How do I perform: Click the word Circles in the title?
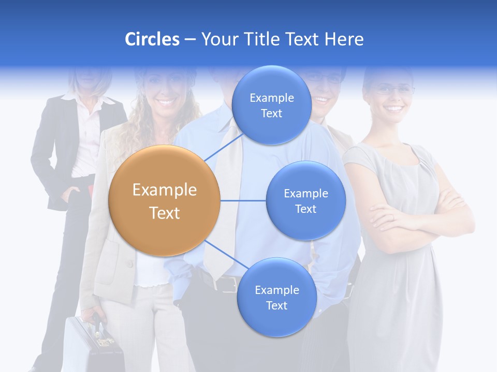click(x=152, y=39)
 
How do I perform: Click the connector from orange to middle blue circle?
click(x=243, y=200)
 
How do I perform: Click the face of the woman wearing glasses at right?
click(x=392, y=98)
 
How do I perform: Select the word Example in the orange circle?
click(x=164, y=190)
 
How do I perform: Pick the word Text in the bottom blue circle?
click(x=276, y=305)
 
